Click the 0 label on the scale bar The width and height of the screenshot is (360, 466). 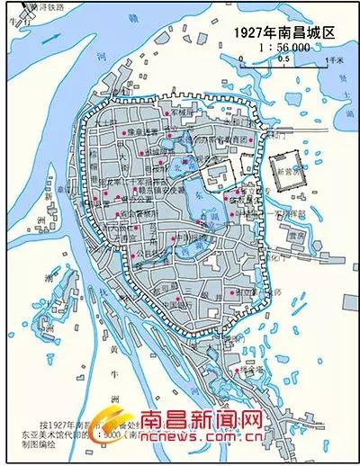click(240, 59)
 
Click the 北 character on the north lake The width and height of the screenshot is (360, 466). click(188, 140)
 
